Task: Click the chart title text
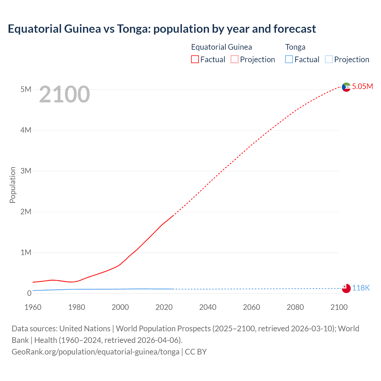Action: (162, 29)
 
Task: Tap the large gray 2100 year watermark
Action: (64, 94)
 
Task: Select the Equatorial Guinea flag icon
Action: (346, 87)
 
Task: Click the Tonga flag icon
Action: (346, 288)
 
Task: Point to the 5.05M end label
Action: (362, 86)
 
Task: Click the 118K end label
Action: (361, 288)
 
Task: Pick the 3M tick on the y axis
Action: (26, 171)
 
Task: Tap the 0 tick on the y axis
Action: (29, 293)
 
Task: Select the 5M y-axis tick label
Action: (26, 89)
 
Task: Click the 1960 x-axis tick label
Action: (33, 307)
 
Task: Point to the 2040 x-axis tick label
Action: (208, 307)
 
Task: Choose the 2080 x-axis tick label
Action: (295, 307)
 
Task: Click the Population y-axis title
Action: (13, 185)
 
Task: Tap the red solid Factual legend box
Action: (195, 60)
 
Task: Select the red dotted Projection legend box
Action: (235, 60)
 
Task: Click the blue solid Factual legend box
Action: (289, 60)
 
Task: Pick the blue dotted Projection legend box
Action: (329, 60)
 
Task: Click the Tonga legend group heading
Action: (295, 47)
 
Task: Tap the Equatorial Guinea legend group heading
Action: (221, 47)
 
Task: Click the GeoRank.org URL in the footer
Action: (96, 352)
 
